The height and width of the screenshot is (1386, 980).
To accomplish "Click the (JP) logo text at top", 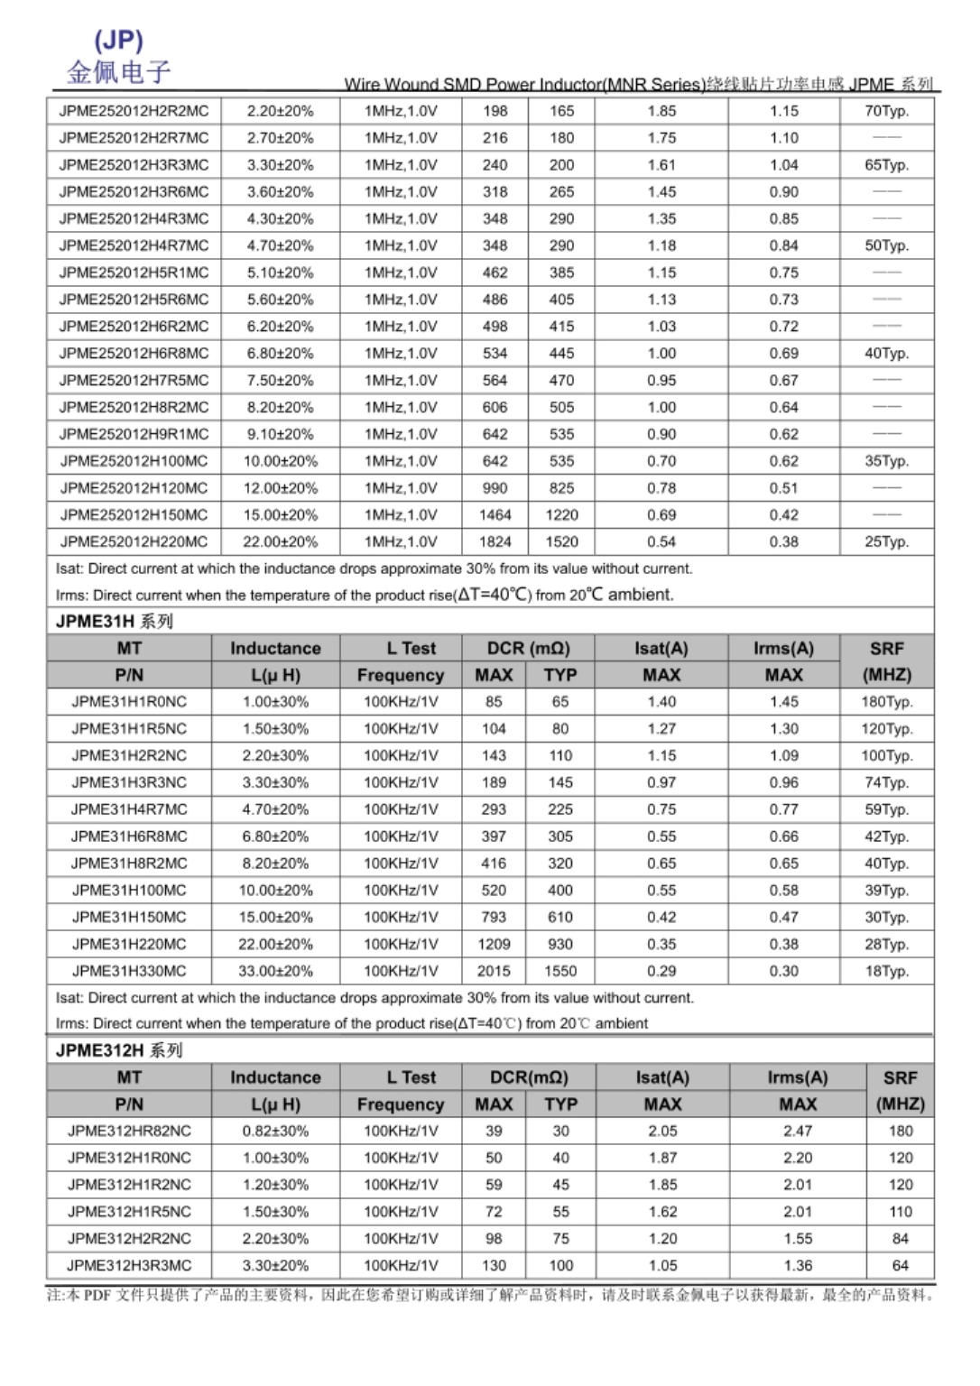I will point(118,40).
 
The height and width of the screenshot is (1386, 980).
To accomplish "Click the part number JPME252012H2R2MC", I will point(134,111).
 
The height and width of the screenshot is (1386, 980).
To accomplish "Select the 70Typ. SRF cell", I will point(886,111).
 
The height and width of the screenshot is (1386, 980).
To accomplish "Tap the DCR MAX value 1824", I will point(495,541).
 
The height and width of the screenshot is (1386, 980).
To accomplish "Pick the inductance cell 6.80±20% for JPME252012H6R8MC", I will point(280,353).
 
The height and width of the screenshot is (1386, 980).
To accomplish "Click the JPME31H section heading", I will point(114,621).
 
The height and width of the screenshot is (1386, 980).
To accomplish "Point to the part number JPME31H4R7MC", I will point(129,809).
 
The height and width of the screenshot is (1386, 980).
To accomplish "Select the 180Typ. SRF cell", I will point(886,701).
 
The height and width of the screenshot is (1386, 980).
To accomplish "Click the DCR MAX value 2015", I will point(494,971).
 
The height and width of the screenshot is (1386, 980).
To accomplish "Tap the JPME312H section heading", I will point(118,1050).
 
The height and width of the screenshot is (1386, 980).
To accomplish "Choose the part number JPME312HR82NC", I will point(129,1131).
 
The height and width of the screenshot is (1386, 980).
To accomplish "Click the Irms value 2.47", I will point(798,1131).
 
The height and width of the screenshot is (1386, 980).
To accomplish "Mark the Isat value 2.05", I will point(662,1131).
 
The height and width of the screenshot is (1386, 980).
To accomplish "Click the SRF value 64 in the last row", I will point(900,1265).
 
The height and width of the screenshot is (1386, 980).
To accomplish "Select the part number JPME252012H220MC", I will point(134,541).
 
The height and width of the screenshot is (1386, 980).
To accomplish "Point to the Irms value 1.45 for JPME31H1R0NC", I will point(783,701).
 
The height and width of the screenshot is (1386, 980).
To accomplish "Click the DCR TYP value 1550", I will point(560,971).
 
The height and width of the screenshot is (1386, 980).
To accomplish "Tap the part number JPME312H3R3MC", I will point(129,1265).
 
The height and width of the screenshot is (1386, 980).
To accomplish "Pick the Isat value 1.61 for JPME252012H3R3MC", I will point(661,165).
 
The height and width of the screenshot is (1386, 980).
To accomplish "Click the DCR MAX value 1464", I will point(495,514).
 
